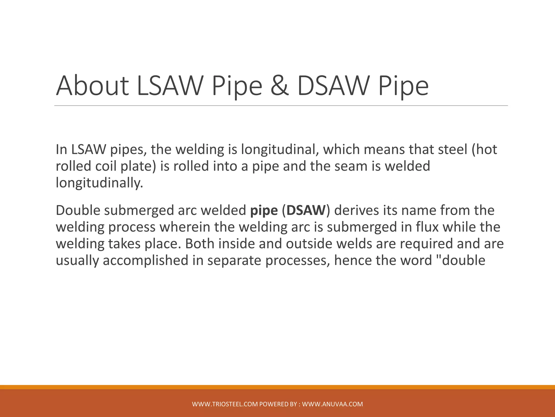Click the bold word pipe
click(264, 211)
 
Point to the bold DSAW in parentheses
click(306, 211)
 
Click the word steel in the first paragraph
click(452, 150)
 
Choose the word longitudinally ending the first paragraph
click(99, 183)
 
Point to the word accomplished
click(146, 261)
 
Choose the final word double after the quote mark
click(466, 261)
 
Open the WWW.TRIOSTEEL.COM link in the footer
click(225, 404)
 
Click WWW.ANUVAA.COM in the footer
click(332, 404)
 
